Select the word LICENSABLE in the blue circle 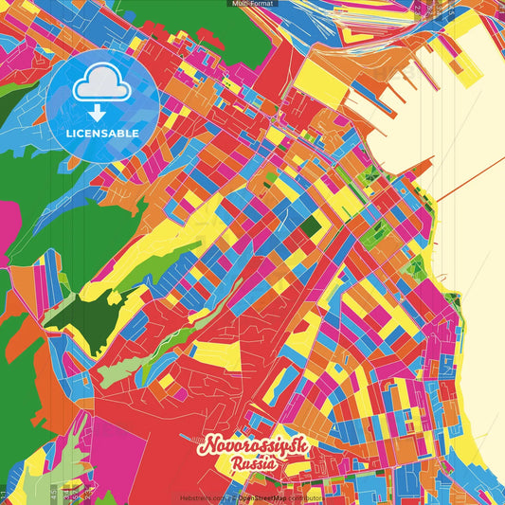[102, 134]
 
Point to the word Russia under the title [252, 464]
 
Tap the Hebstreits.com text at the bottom [203, 496]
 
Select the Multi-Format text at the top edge [252, 4]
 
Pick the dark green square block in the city [311, 225]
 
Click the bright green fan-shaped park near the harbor [370, 176]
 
